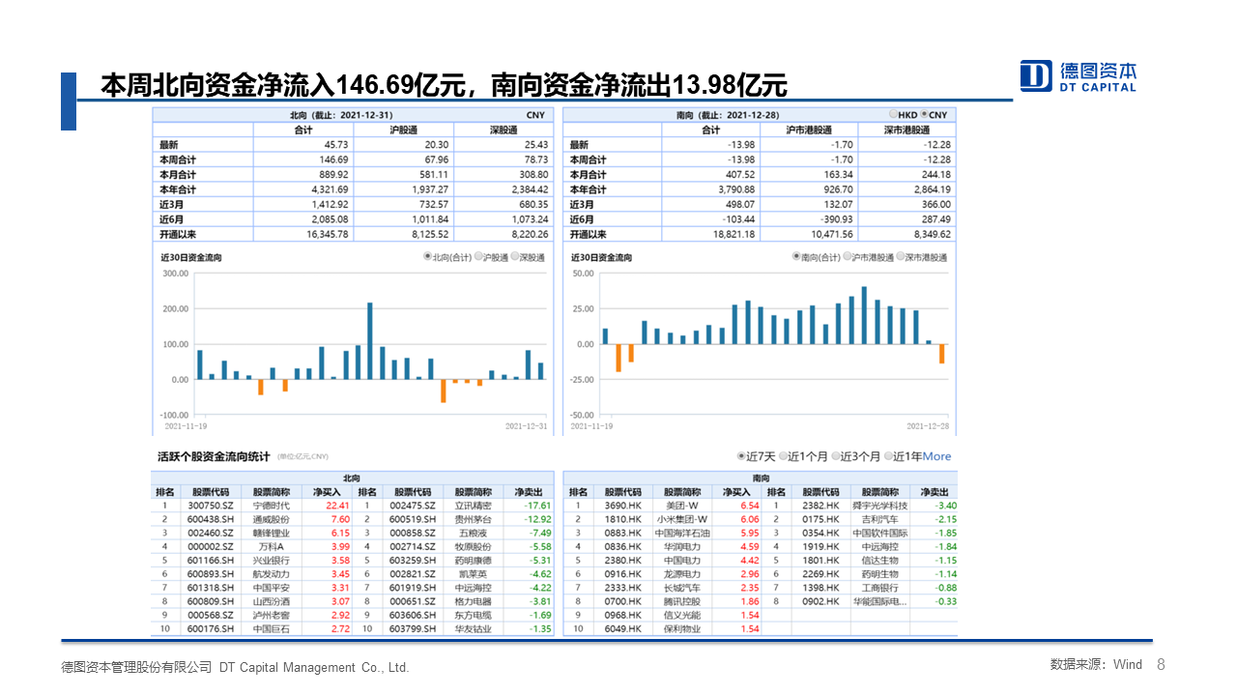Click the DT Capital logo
1079,75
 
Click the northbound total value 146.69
333,159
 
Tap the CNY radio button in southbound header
925,115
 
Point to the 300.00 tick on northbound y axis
175,274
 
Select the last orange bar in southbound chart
941,354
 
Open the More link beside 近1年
936,456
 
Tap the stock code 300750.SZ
210,506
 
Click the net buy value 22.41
337,506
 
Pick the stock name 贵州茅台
474,519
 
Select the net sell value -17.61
537,506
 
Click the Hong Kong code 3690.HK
622,506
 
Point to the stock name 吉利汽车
879,519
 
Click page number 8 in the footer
1161,665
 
